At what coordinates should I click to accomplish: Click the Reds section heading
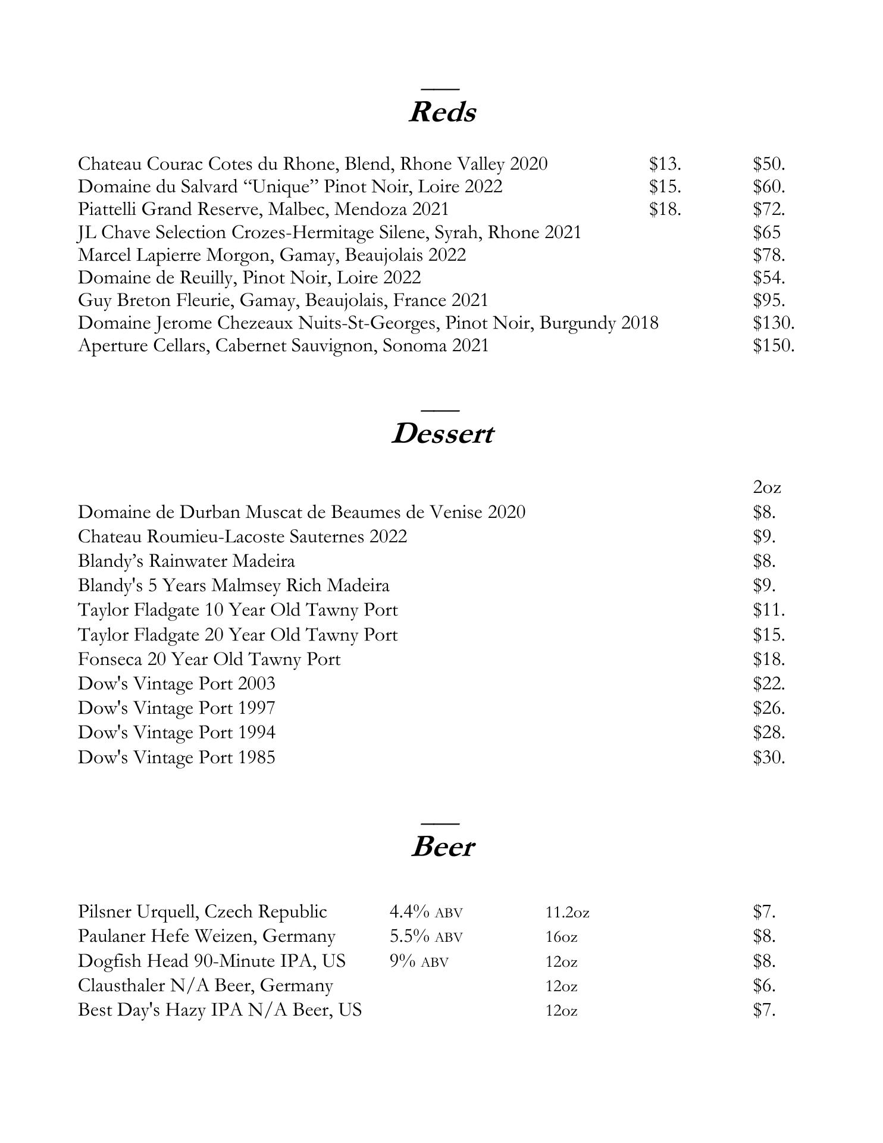point(441,112)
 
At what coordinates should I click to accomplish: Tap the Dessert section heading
point(441,434)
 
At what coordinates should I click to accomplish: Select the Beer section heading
point(442,847)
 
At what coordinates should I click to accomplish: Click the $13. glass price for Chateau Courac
point(665,164)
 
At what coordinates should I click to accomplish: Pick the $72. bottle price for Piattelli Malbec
point(769,210)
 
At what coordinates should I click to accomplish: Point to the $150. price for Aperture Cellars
point(774,346)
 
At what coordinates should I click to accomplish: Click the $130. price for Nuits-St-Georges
point(774,323)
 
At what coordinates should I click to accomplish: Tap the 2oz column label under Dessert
point(766,488)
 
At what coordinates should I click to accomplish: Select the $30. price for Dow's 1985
point(769,758)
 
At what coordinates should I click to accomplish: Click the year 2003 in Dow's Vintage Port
point(256,684)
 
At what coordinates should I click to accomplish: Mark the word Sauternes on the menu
point(327,537)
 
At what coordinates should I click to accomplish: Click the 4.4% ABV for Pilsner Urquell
point(425,912)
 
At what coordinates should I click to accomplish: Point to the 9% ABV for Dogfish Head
point(419,961)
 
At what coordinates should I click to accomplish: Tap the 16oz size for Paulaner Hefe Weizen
point(561,937)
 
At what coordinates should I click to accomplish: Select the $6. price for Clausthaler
point(764,986)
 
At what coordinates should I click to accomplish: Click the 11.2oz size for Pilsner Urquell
point(567,912)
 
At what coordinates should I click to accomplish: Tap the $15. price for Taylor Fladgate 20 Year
point(769,635)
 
